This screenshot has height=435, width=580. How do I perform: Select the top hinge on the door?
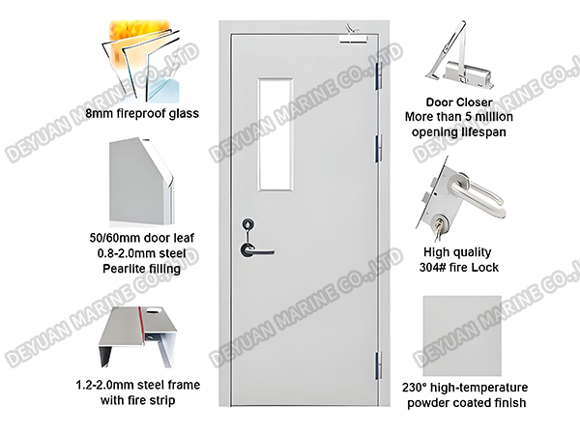tap(376, 73)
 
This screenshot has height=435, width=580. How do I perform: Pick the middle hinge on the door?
tap(377, 148)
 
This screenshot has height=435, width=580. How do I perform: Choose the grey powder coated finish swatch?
tap(462, 333)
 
